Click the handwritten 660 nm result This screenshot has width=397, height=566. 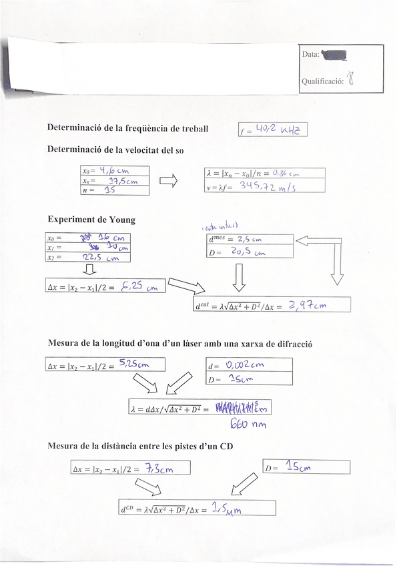coord(248,425)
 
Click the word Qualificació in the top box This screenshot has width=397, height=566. coord(322,81)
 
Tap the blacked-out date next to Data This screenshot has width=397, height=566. coord(334,54)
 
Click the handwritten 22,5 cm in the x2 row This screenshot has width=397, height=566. coord(101,257)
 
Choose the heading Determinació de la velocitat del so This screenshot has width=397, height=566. coord(115,151)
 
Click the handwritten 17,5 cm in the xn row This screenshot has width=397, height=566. coord(123,180)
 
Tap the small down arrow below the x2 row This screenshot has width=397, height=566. coord(89,270)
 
